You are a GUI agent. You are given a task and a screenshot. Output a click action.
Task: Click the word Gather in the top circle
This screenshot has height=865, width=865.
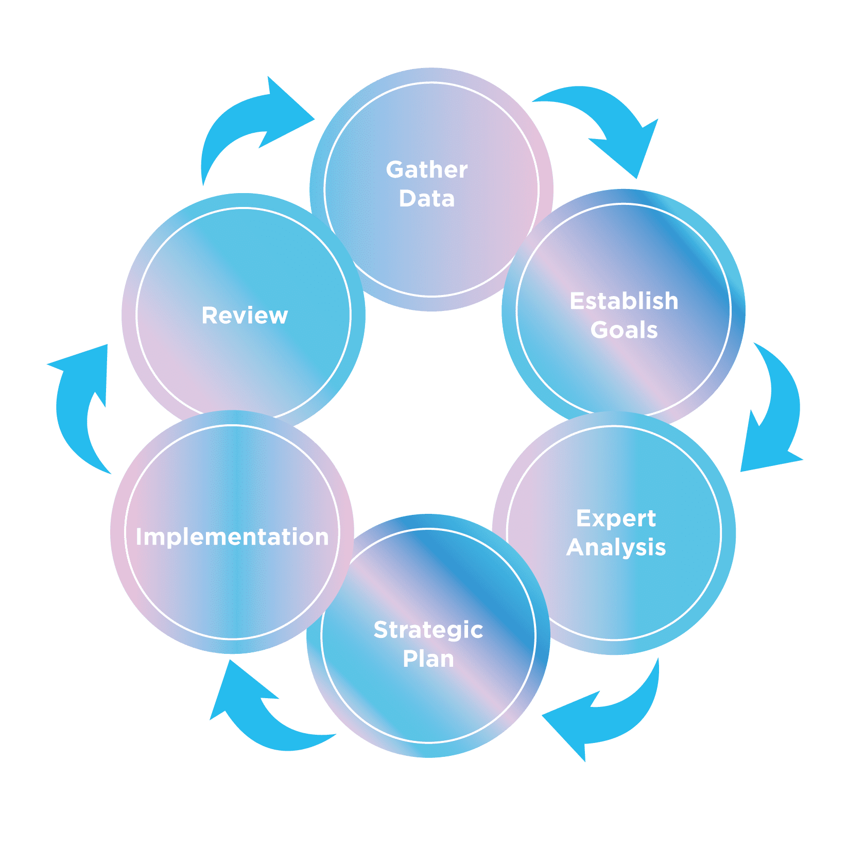coord(427,169)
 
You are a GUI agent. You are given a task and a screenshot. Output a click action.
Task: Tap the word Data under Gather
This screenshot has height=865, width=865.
coord(427,199)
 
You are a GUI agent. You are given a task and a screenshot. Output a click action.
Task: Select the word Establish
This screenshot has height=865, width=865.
coord(624,301)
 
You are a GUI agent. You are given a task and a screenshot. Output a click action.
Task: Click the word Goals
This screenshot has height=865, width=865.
coord(624,330)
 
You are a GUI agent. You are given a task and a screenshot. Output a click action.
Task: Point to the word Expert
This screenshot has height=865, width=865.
coord(616,518)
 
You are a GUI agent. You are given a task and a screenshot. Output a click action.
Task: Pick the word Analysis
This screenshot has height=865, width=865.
coord(616,547)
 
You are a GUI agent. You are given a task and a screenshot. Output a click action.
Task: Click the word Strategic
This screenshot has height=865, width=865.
coord(428,630)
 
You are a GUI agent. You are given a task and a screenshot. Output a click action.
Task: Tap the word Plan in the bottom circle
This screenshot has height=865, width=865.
coord(428,659)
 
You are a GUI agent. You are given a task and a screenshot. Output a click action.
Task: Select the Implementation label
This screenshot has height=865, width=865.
coord(232,537)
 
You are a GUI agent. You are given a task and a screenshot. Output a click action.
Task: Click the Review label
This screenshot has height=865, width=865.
coord(245,316)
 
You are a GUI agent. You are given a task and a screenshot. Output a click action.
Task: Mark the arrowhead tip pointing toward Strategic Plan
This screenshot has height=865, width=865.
coord(544,716)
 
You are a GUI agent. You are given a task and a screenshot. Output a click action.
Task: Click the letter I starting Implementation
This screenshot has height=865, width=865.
coord(139,537)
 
